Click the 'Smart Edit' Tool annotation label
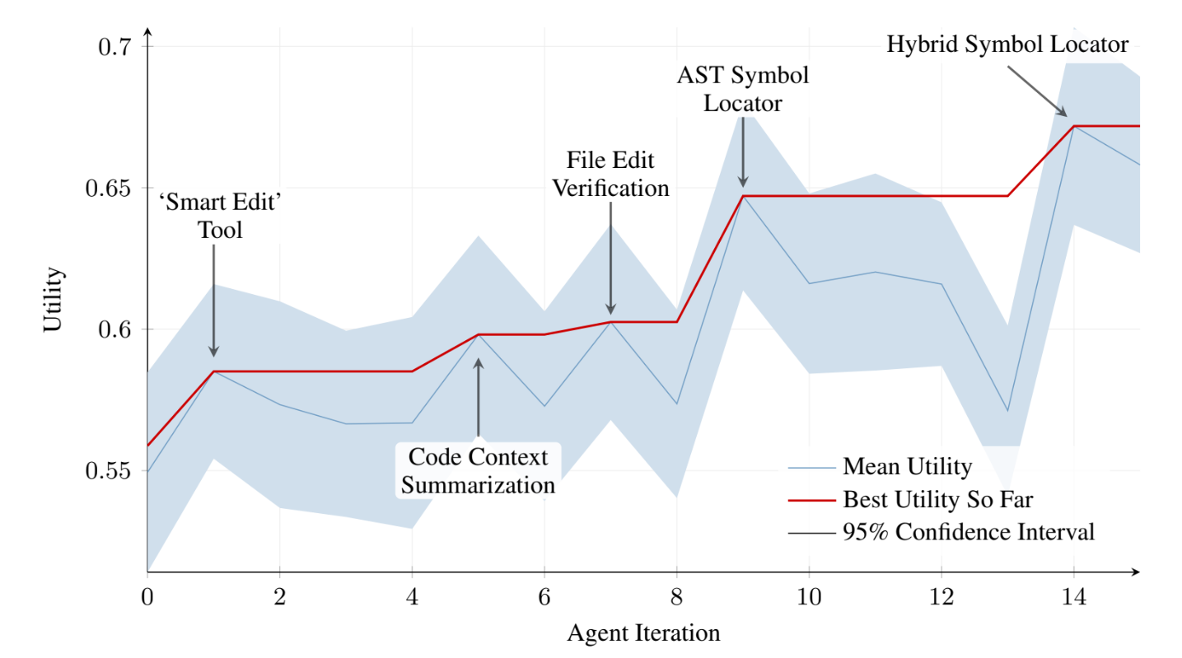click(220, 217)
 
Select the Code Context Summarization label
click(478, 470)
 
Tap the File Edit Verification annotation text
click(610, 174)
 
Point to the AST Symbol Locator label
click(742, 89)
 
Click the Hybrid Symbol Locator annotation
click(1007, 44)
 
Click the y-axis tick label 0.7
click(116, 46)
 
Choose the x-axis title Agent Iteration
click(643, 633)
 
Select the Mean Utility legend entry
click(906, 468)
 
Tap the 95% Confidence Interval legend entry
click(968, 532)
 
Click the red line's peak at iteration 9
click(743, 196)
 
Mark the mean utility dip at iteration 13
click(1007, 411)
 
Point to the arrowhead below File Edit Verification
click(610, 310)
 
